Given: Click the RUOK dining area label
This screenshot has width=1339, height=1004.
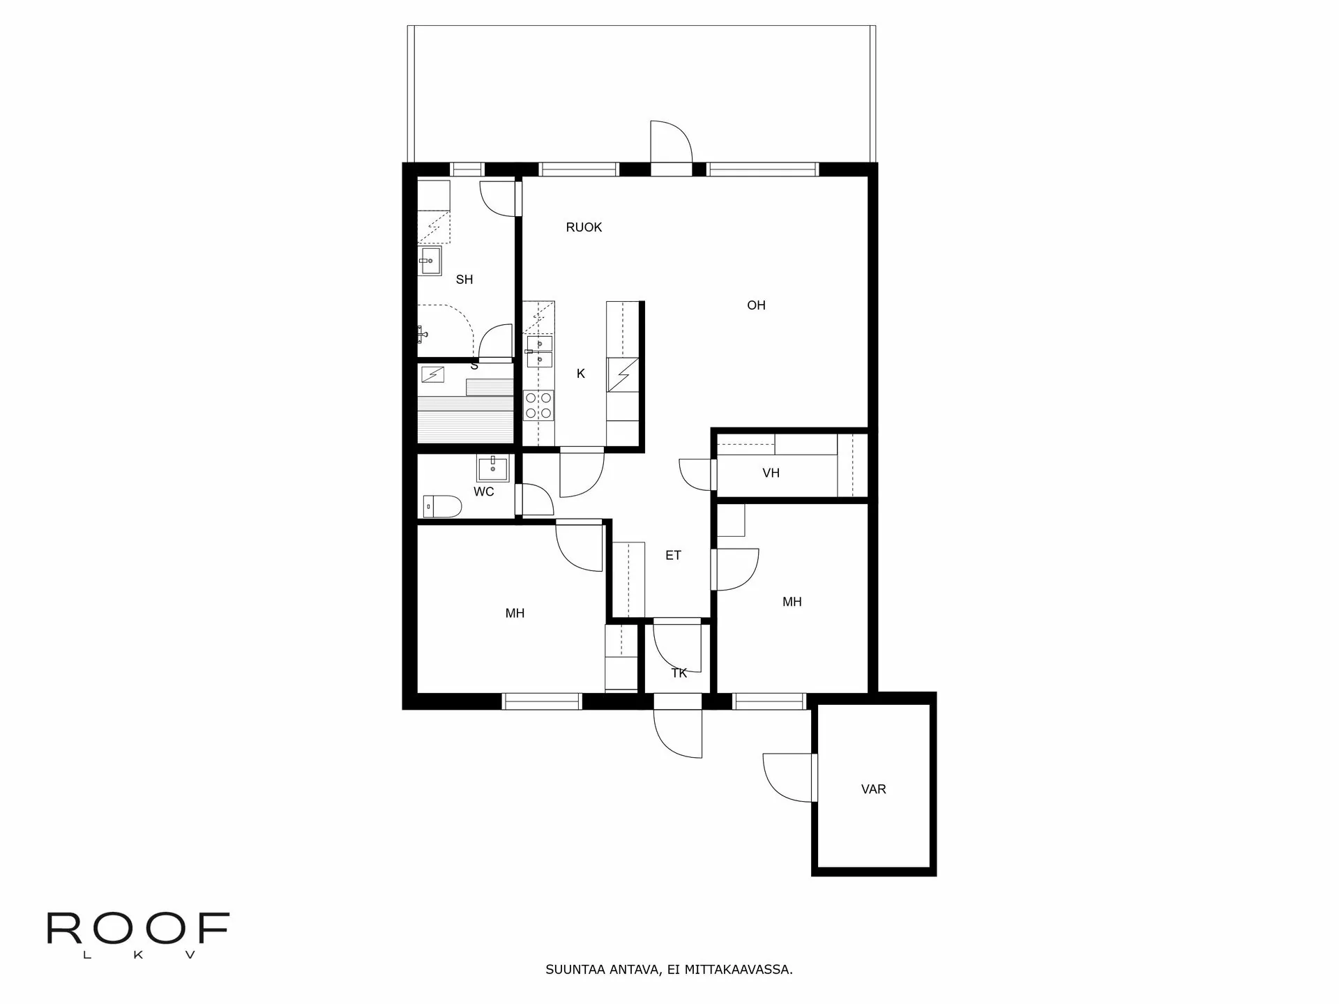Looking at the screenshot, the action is (584, 227).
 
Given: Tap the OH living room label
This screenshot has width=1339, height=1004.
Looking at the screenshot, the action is (756, 305).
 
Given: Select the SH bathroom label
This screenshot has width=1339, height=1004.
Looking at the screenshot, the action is (464, 280).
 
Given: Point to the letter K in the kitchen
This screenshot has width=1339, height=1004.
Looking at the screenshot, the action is (581, 374).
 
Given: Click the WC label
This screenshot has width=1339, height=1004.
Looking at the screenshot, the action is (484, 492).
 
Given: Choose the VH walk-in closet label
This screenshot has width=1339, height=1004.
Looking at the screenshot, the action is (771, 473).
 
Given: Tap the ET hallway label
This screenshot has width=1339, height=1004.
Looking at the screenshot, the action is (673, 556).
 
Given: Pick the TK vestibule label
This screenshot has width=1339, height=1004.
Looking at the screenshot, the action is (679, 673).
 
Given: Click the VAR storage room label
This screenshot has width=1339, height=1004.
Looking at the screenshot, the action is (874, 789).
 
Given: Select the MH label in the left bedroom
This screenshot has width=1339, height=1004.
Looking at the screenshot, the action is (515, 614).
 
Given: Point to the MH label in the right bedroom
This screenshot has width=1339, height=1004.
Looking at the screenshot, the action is (792, 602).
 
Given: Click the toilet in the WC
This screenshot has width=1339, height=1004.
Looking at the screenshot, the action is (442, 506).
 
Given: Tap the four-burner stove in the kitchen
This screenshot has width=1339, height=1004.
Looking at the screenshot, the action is (539, 406).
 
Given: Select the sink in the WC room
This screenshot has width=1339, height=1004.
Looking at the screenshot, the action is (493, 468).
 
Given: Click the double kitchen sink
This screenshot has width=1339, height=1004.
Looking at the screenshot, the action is (539, 352).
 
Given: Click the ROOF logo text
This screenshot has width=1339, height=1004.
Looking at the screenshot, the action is (138, 929).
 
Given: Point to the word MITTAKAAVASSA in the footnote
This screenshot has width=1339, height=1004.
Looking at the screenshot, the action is (739, 970).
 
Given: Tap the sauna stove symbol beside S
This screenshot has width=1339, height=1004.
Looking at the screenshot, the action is (434, 375).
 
